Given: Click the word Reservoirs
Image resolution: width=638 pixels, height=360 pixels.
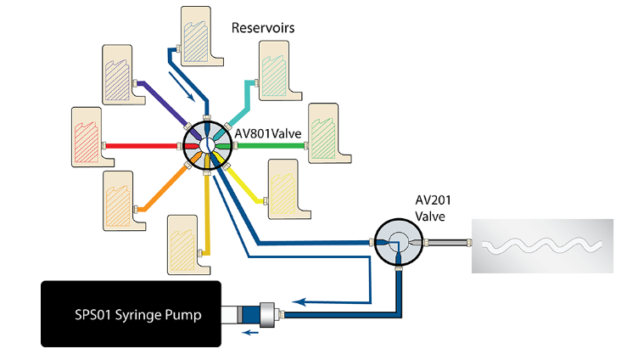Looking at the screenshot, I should point(263,28).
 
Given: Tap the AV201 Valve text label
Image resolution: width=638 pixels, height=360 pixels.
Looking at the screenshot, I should point(435,208).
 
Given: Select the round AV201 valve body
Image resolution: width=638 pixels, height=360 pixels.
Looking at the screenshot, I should point(398,243).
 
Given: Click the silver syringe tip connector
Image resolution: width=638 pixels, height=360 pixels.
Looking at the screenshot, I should point(271,314).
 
